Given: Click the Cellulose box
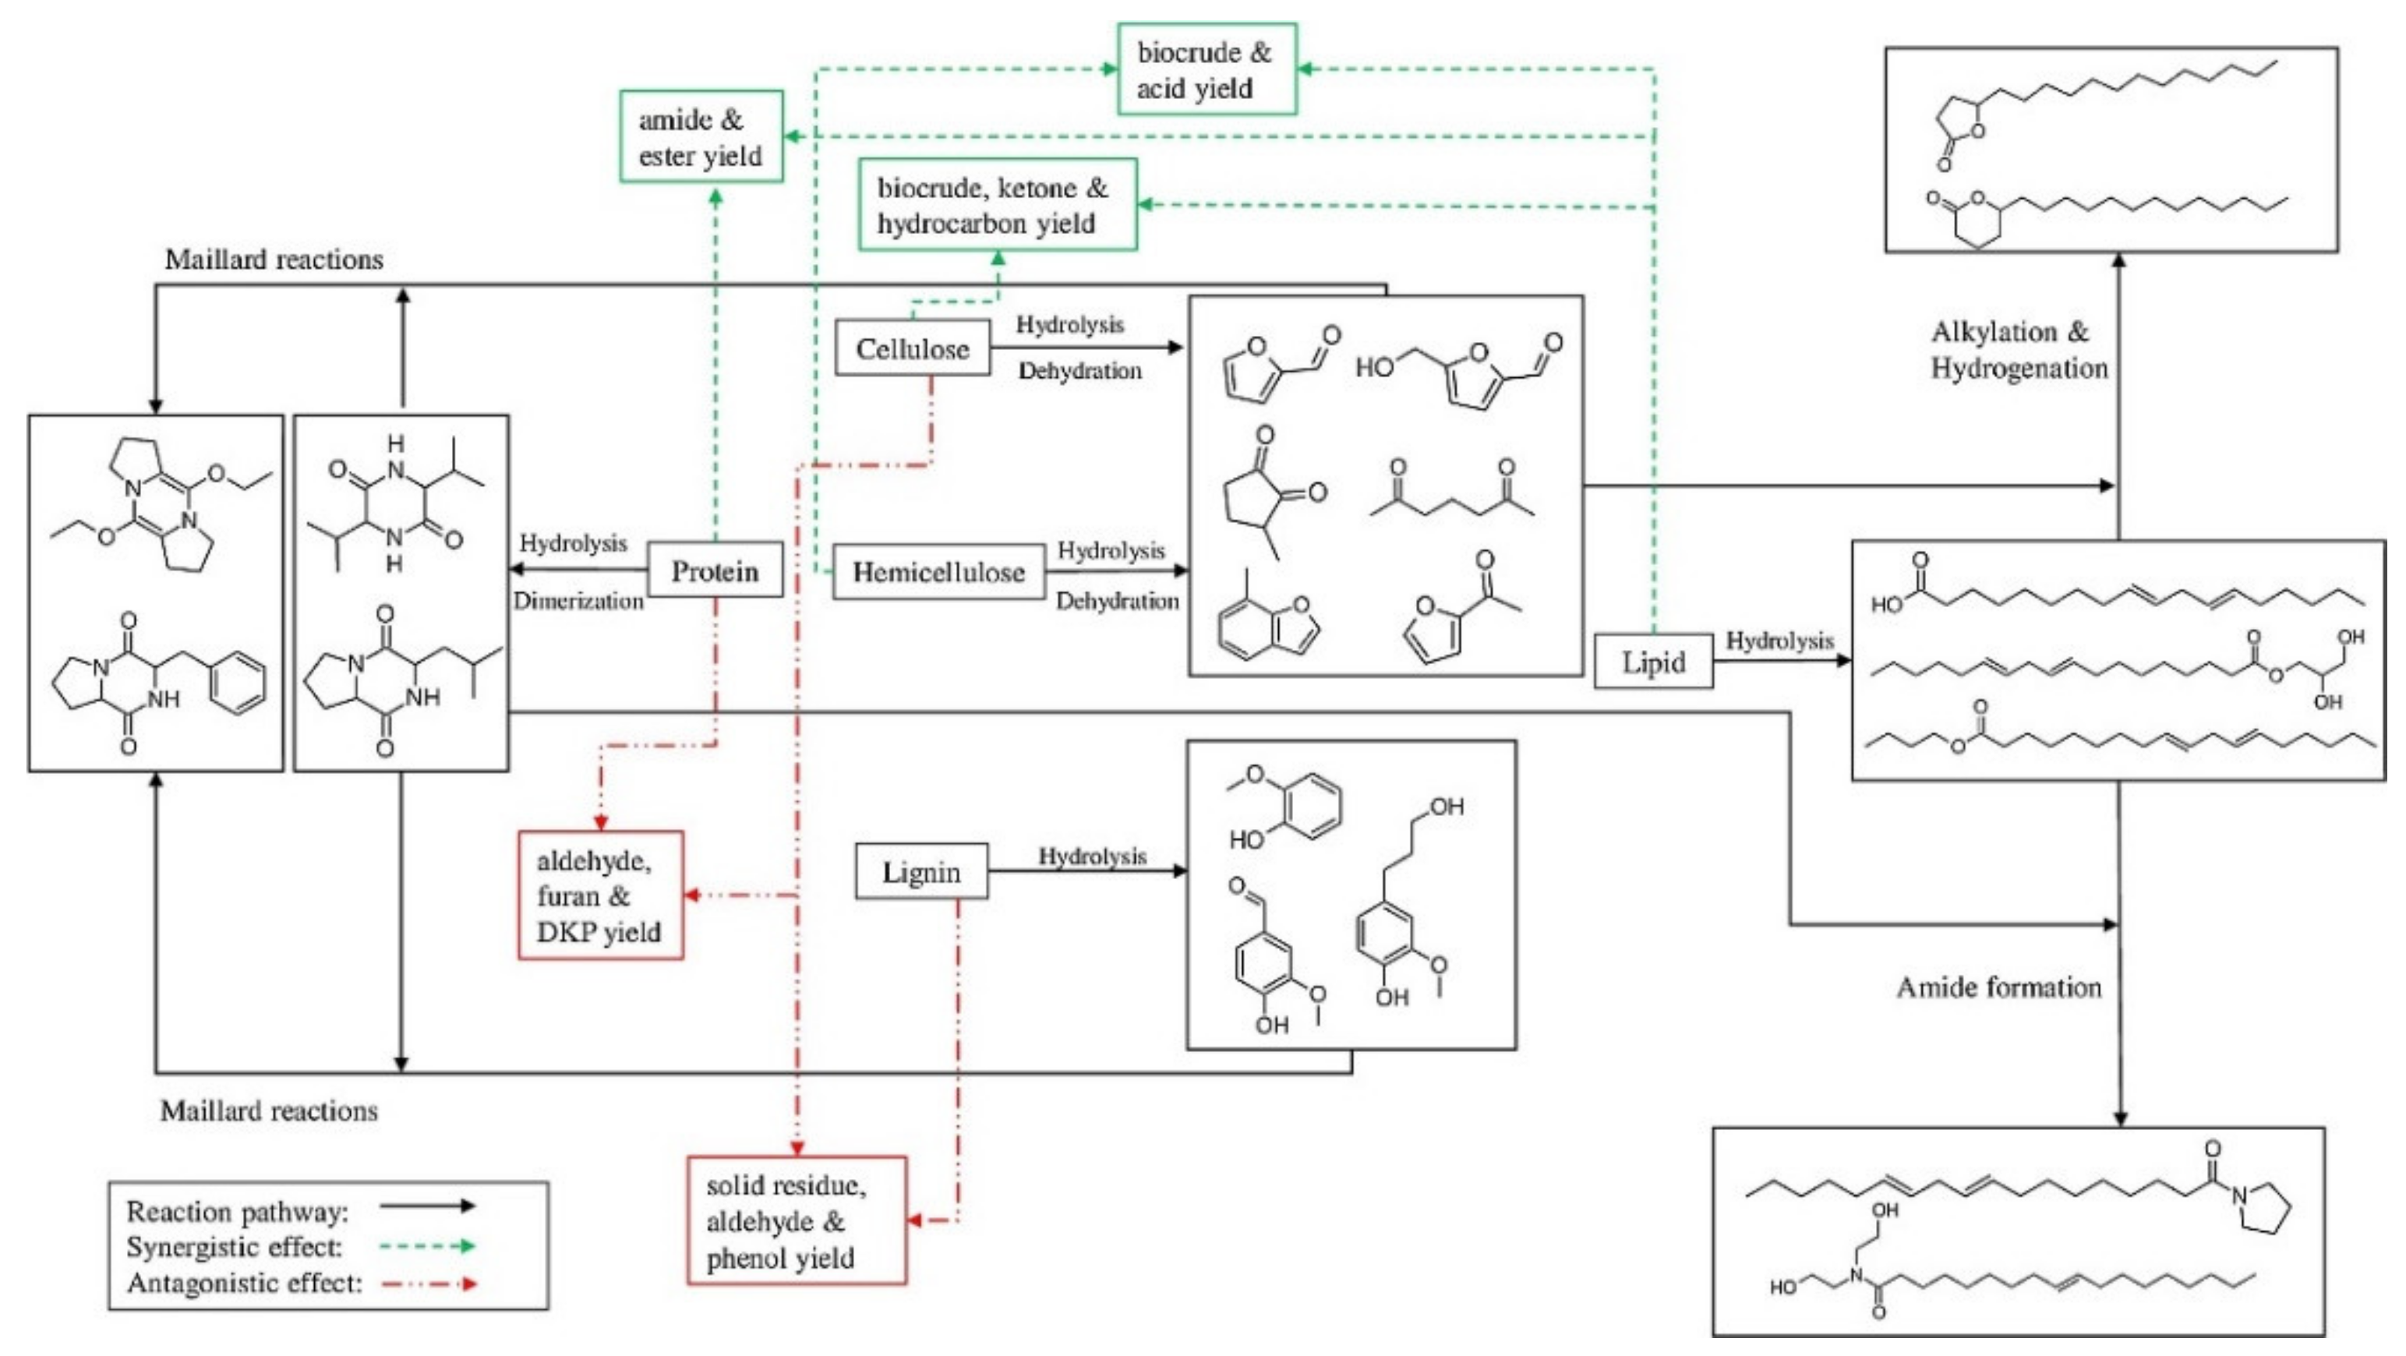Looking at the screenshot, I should point(913,348).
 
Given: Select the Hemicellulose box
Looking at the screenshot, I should point(938,571).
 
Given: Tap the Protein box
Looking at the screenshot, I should point(715,570).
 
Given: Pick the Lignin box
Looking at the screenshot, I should point(921,872).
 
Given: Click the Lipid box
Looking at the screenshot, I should point(1653,662).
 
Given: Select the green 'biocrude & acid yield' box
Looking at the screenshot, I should point(1206,70).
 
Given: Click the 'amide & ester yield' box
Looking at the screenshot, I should point(701,137).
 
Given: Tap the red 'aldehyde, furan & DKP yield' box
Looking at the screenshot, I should point(599,895).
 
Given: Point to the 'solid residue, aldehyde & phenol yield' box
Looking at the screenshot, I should point(797,1220).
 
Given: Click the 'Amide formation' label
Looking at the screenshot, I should point(1999,987).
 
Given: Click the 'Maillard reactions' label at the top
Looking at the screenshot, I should point(274,259).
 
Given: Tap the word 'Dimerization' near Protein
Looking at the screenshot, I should point(578,601).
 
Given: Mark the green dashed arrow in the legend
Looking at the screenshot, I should point(428,1246).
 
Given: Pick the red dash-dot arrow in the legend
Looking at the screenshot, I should point(428,1284).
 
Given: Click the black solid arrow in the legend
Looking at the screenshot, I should point(428,1206).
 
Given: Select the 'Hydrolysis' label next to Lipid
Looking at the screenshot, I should point(1779,641).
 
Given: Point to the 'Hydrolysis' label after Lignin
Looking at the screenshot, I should point(1092,856).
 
